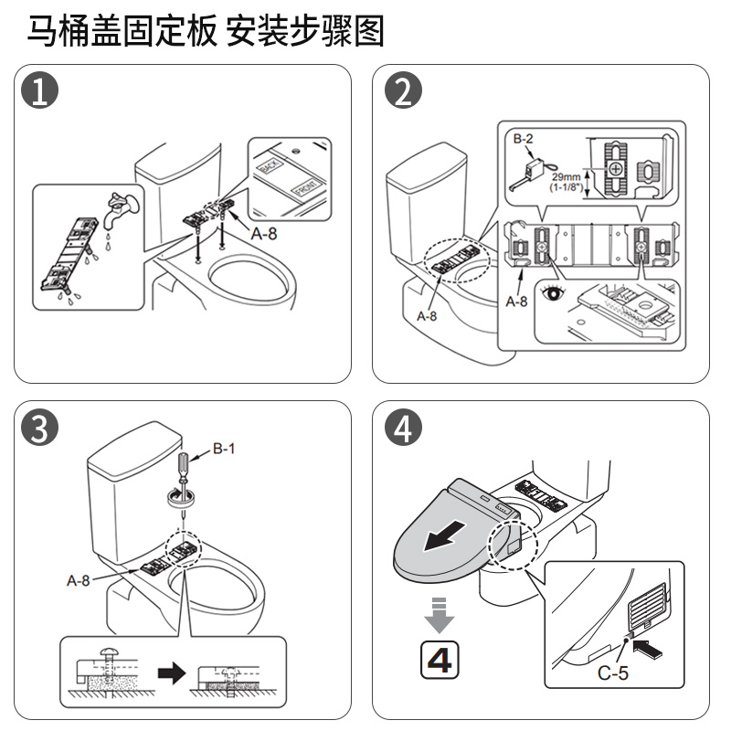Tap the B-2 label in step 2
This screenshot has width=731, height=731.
(x=524, y=139)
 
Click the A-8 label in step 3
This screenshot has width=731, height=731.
(x=80, y=579)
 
